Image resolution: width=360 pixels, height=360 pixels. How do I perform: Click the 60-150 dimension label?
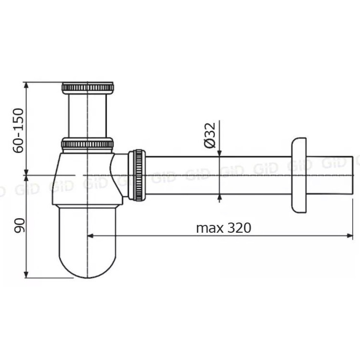click(18, 130)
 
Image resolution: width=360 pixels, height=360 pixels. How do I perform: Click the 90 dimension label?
click(19, 225)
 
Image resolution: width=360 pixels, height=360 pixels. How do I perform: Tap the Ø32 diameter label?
click(210, 135)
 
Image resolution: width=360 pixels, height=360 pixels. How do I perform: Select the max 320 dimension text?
click(224, 228)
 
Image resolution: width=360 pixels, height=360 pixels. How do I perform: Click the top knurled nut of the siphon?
click(88, 88)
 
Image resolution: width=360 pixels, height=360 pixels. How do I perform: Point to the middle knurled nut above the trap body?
click(87, 144)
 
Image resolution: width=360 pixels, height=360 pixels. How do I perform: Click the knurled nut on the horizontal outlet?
click(137, 175)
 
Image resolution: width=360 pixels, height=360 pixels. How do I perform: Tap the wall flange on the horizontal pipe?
click(299, 176)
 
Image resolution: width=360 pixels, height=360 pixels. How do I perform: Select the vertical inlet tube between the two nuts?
click(87, 116)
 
